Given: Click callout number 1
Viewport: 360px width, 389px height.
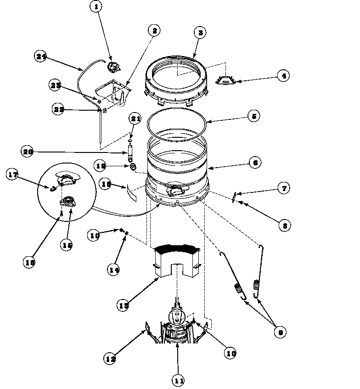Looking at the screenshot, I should click(x=96, y=7).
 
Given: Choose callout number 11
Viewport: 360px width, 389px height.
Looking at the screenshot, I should click(x=179, y=380).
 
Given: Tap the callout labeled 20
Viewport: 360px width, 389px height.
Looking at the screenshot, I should click(x=28, y=151).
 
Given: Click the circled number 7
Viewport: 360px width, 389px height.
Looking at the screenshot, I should click(x=283, y=188).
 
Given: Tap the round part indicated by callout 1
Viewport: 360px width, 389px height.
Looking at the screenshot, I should click(x=112, y=68).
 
